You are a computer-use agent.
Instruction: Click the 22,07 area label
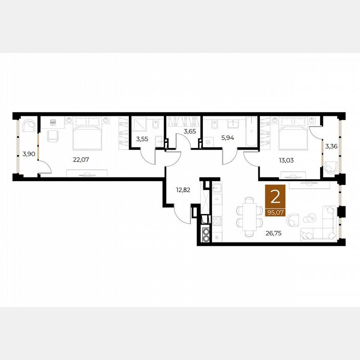tap(81, 160)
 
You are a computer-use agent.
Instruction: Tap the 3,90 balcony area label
tap(29, 154)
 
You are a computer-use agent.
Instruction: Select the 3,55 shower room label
tap(142, 139)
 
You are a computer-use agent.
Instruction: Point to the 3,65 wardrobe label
tap(190, 132)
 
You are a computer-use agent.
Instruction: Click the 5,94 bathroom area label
tap(227, 138)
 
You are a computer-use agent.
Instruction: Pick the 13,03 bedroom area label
tap(286, 160)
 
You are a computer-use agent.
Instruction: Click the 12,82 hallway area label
tap(183, 190)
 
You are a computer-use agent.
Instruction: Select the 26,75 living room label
tap(273, 233)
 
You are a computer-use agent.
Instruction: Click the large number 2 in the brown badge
tap(275, 197)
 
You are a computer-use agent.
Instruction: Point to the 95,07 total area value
tap(275, 213)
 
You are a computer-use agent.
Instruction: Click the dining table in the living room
tap(250, 217)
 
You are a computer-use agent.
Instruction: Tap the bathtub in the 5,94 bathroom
tap(251, 132)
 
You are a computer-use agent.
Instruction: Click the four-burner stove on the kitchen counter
tap(217, 221)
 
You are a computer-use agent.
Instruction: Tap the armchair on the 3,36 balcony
tap(331, 167)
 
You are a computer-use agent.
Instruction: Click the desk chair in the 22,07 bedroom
tap(53, 136)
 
